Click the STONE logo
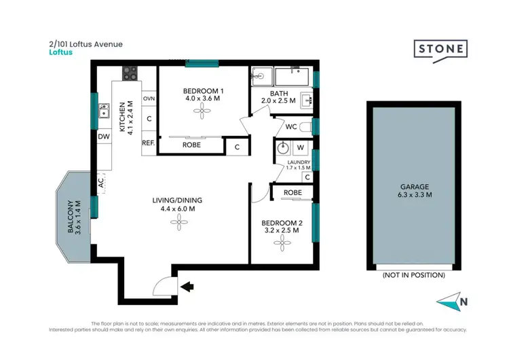point(440,49)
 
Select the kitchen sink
point(104,111)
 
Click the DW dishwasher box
point(104,137)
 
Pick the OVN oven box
point(149,98)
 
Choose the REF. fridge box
point(149,144)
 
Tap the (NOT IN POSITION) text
point(413,276)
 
